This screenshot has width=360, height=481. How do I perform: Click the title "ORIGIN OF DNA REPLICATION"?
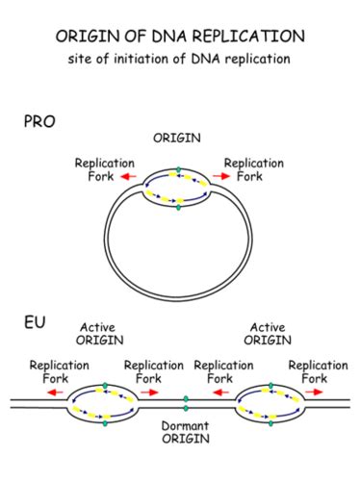click(x=180, y=36)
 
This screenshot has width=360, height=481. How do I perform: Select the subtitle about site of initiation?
click(x=180, y=60)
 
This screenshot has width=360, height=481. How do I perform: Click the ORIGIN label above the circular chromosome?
click(x=177, y=139)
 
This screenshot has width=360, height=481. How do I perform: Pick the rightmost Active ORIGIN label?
click(x=267, y=333)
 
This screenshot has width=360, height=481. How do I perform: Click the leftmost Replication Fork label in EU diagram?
click(x=60, y=371)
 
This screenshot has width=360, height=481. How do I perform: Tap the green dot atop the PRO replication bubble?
click(x=177, y=172)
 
